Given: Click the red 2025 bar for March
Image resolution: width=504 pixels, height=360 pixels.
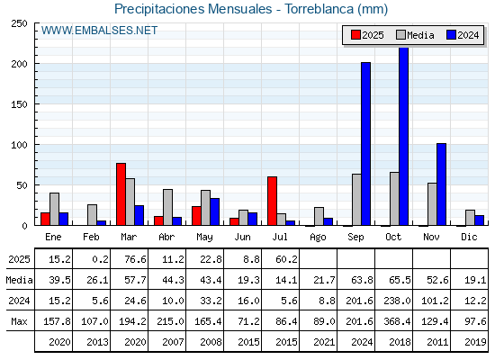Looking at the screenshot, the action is click(121, 194).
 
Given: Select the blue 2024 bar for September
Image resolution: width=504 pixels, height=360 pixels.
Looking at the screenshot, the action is click(365, 144).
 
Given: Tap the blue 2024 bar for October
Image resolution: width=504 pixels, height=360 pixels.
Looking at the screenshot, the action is click(404, 136).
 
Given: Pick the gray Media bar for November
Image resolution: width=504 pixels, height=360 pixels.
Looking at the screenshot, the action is click(432, 204).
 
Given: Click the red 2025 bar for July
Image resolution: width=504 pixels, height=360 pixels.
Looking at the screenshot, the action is click(272, 201).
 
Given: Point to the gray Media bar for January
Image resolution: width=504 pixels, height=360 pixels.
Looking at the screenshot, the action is click(54, 209).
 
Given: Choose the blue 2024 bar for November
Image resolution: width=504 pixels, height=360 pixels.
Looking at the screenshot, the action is click(441, 184).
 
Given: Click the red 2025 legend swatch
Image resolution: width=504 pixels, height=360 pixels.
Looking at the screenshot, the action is click(355, 35).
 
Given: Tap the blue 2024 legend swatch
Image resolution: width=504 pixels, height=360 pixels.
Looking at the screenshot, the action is click(451, 35).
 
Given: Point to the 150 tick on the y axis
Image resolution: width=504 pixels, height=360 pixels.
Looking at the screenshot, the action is click(19, 104).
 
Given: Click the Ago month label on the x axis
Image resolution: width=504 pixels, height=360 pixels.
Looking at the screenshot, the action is click(318, 238).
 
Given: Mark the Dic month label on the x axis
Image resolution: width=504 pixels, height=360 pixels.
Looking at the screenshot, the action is click(469, 237).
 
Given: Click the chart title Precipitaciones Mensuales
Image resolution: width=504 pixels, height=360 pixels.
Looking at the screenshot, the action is click(193, 9).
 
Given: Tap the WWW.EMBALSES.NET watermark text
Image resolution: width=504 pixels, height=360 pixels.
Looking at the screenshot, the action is click(99, 31).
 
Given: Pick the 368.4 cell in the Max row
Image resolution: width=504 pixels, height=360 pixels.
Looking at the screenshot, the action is click(397, 321).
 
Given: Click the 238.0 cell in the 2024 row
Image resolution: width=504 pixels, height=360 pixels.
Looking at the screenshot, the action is click(397, 301).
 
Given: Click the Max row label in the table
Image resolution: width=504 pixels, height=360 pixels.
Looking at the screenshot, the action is click(19, 321).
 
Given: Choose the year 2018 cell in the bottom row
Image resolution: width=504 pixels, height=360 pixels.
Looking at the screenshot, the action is click(400, 342).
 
